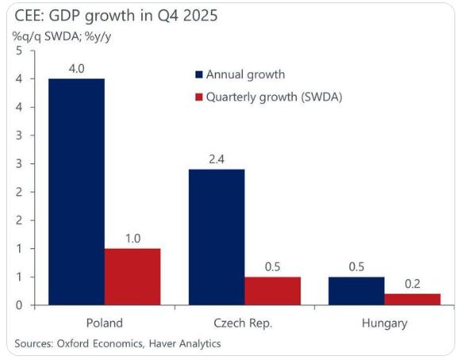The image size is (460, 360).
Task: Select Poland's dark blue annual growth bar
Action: (x=76, y=191)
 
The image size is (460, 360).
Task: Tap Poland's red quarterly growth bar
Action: (x=132, y=276)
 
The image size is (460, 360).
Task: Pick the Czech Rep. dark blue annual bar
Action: (x=217, y=236)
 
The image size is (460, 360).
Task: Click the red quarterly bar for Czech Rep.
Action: (x=273, y=290)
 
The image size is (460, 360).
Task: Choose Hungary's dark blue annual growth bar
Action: (x=356, y=290)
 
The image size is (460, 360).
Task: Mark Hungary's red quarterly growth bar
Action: (x=412, y=299)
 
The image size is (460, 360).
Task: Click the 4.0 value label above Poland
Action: (x=76, y=69)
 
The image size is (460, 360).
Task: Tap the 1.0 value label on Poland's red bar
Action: (x=132, y=239)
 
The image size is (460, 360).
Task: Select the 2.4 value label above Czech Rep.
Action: (x=217, y=159)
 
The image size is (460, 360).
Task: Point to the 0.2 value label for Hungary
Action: (x=412, y=284)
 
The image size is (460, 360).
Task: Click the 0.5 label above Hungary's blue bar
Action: (x=356, y=267)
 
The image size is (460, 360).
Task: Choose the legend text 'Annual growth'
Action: (x=245, y=75)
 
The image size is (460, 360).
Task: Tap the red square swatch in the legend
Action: (x=199, y=97)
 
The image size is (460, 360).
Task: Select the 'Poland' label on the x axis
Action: (x=104, y=324)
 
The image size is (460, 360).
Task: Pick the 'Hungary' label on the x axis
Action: (x=384, y=324)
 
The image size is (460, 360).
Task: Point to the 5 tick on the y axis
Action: (x=19, y=50)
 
